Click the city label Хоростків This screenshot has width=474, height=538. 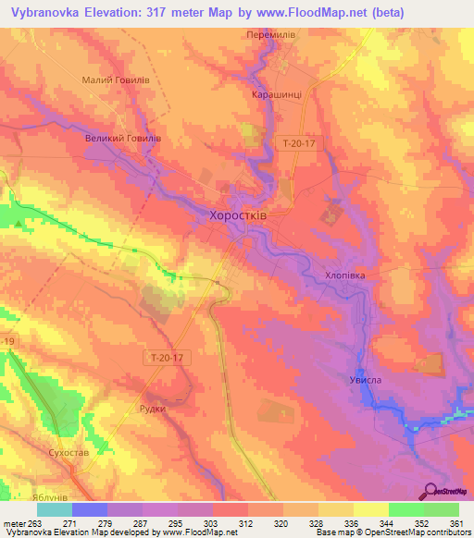pos(235,215)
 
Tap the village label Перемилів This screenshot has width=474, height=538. pos(271,35)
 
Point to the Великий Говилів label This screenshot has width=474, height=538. pos(123,139)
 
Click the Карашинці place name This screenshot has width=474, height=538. pos(277,94)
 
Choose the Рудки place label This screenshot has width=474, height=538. pos(152,409)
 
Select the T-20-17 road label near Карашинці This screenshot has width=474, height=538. pos(301,141)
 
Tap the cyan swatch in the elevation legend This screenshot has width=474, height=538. pos(54,509)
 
